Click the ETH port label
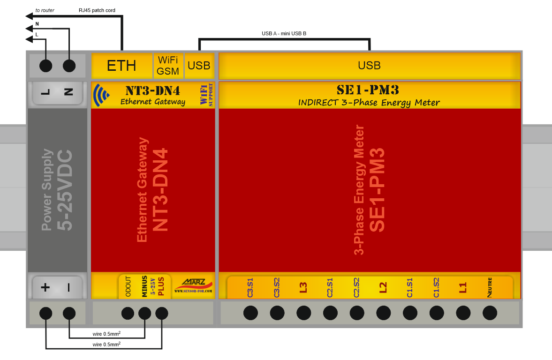[x=121, y=66]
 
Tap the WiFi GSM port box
[x=168, y=66]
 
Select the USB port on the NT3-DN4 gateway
[x=199, y=66]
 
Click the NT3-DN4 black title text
[x=153, y=91]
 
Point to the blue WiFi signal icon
[x=101, y=95]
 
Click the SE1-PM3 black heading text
[x=368, y=90]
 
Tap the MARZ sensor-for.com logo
[x=193, y=286]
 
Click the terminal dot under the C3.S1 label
[x=250, y=313]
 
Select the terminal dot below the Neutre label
[x=490, y=313]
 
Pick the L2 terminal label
[x=383, y=287]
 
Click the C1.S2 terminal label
[x=436, y=287]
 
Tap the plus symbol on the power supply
[x=45, y=287]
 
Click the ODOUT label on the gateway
[x=128, y=286]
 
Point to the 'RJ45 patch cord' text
[x=97, y=10]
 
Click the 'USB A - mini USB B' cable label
[x=284, y=33]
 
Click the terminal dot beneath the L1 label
[x=463, y=313]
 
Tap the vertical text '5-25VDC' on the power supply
[x=65, y=190]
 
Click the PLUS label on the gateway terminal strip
[x=161, y=286]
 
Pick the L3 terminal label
[x=303, y=287]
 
